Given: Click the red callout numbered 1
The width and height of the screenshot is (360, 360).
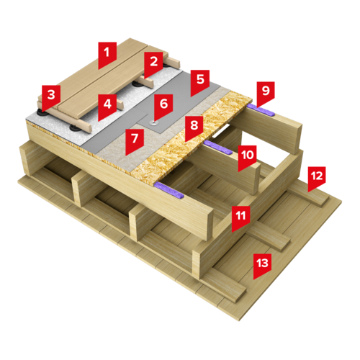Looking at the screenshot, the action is [x=107, y=55].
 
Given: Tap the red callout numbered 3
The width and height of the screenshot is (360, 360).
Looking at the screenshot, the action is [x=51, y=97].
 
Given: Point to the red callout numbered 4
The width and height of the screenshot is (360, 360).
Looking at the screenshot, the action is [x=107, y=107].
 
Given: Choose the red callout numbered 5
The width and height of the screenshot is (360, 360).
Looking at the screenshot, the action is [x=200, y=82].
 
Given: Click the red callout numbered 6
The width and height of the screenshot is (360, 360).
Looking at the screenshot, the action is [x=163, y=107].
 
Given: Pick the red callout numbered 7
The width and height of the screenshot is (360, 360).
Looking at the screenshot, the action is [x=135, y=141].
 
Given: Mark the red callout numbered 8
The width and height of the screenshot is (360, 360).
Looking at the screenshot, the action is [x=194, y=127].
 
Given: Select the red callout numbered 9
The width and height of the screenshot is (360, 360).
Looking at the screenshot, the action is [x=266, y=93].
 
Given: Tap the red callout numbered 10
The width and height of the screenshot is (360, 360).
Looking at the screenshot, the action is [x=247, y=158].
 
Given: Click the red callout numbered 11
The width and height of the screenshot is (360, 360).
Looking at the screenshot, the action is [x=240, y=218].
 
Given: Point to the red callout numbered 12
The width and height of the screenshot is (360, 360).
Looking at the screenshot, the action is [x=317, y=179].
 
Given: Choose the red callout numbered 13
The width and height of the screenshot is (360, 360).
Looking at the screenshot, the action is [x=262, y=266].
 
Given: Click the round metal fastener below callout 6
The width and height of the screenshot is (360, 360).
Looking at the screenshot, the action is [x=153, y=123].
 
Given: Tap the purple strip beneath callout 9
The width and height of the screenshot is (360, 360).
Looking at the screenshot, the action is [x=261, y=110].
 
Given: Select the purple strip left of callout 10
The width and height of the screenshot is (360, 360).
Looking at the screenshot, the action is [x=218, y=147].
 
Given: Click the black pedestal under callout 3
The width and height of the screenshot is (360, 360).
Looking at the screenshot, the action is [x=42, y=112].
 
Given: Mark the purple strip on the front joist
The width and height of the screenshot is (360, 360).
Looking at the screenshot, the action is [x=169, y=190].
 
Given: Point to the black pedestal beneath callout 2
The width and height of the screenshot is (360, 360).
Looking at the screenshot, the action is [x=138, y=84].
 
